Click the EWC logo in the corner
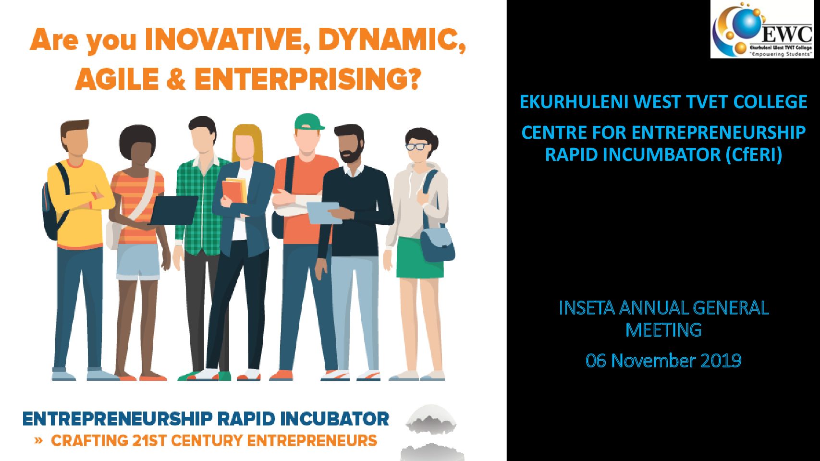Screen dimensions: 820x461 (762, 29)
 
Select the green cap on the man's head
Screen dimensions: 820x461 (309, 122)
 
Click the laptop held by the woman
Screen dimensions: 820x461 (173, 210)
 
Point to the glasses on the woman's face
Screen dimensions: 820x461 (417, 147)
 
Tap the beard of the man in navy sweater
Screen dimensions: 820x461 (350, 153)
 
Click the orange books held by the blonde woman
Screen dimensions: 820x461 (234, 190)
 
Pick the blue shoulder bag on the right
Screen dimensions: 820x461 (437, 243)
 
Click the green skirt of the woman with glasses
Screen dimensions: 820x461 (419, 257)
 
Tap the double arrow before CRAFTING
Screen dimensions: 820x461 (38, 440)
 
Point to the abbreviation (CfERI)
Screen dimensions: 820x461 (754, 155)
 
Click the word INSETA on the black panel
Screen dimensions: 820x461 (587, 308)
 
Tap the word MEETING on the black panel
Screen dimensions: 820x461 (663, 330)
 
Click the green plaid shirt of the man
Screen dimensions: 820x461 (201, 205)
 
